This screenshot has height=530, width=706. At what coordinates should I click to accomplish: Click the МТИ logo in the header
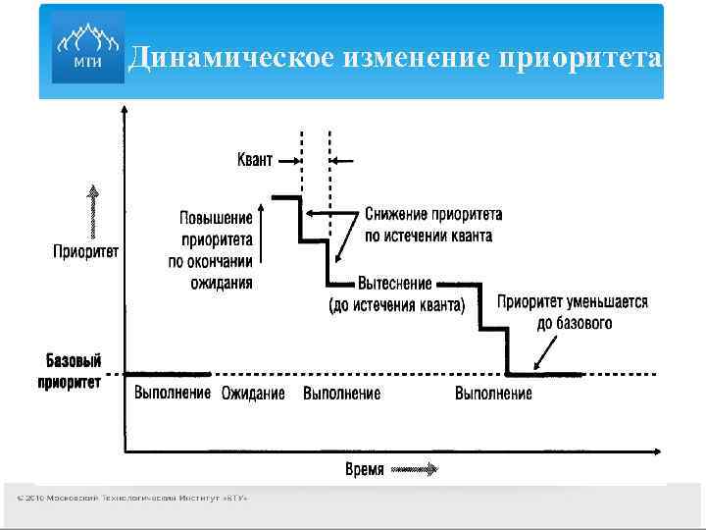point(84,49)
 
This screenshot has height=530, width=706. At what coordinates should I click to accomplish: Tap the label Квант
point(255,159)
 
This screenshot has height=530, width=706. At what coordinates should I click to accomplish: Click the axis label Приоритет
point(86,251)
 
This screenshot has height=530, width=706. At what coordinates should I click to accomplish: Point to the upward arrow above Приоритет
point(92,210)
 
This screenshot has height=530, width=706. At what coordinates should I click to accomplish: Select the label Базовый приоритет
point(72,371)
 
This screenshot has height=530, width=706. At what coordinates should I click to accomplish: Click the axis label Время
point(365,469)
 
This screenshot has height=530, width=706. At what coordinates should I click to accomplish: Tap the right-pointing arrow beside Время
point(415,469)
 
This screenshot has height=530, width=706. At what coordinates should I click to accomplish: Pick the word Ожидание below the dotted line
point(253,394)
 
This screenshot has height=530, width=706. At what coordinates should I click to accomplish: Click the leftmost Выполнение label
point(172,393)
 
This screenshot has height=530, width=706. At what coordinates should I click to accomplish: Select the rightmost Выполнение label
point(494,394)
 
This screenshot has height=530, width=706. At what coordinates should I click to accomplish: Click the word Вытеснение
point(395,284)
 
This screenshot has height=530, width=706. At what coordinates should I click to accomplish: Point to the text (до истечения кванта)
point(396,304)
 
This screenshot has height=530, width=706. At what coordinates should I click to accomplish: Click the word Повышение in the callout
point(216,218)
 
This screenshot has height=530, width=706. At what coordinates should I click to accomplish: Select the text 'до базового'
point(575,322)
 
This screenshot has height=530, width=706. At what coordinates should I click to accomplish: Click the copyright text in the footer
point(131,499)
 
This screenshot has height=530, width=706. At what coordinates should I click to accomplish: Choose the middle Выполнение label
point(341,394)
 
